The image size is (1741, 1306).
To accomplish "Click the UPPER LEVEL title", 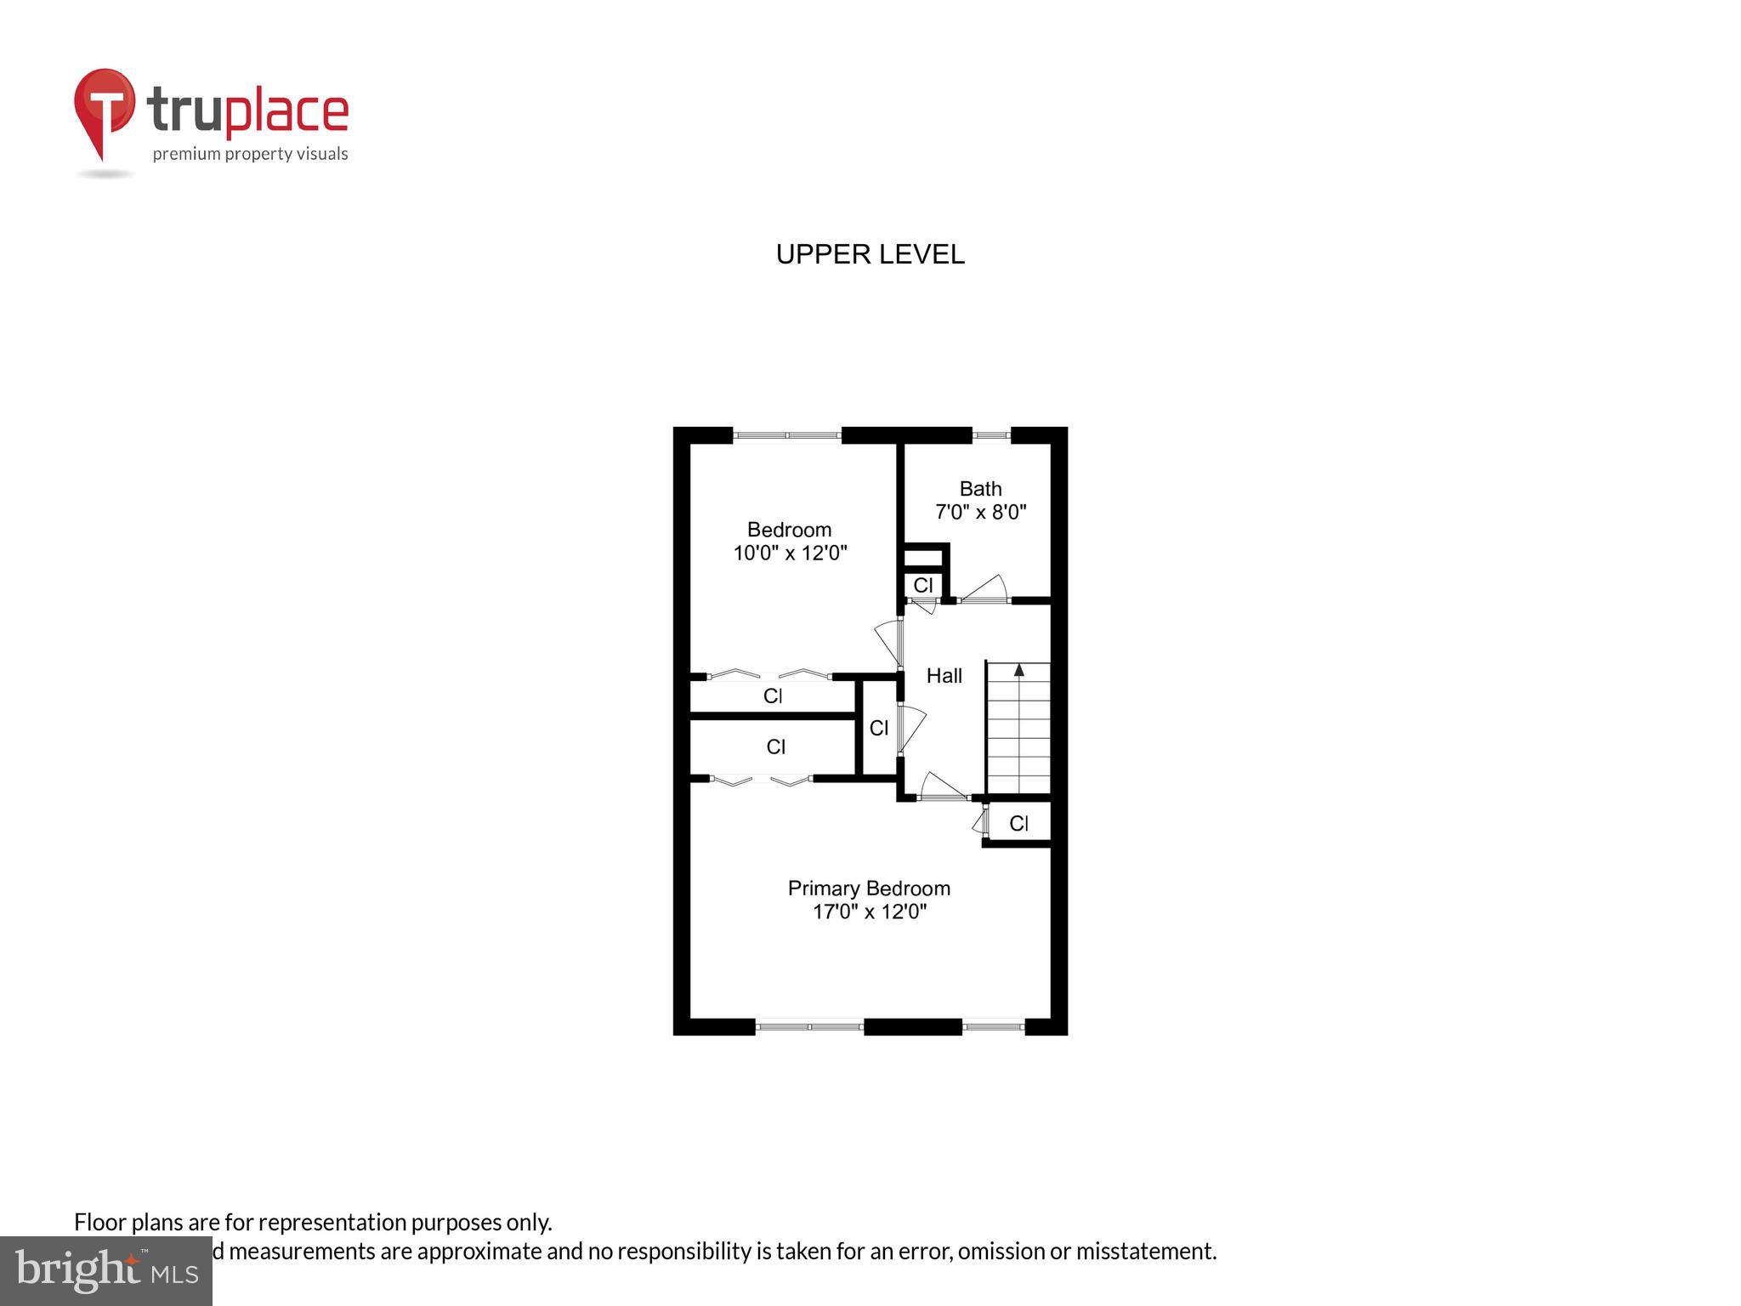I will tap(870, 254).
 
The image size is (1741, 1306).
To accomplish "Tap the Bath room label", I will tap(980, 489).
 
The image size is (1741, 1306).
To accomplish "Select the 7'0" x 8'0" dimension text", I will tap(980, 513).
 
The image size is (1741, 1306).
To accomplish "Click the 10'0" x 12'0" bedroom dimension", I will tap(790, 554).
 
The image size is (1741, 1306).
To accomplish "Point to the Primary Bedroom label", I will tap(869, 889).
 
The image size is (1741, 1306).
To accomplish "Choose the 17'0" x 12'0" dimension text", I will tap(869, 912).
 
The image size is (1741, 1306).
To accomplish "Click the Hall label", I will tap(944, 676).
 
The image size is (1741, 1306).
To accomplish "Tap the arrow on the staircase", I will tap(1018, 670).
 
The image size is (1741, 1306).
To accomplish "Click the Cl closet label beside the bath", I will tap(923, 585).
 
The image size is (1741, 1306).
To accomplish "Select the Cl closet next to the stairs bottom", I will tap(1018, 823).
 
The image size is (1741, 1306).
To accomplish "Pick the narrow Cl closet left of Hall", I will tap(878, 728).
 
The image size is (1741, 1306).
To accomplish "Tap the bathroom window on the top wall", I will tap(990, 435).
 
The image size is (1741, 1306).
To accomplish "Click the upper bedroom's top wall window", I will tap(787, 435).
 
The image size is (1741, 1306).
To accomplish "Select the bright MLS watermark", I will tap(106, 1271).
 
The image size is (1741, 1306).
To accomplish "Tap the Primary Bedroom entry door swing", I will tap(943, 786).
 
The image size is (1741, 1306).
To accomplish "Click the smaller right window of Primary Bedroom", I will tap(993, 1026).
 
